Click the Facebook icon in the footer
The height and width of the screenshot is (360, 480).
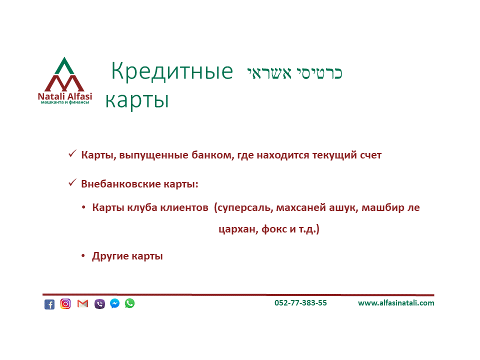(x=49, y=304)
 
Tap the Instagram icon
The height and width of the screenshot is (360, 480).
(x=65, y=303)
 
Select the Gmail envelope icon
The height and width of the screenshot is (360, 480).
(x=82, y=303)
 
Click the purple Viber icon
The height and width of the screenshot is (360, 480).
(x=99, y=303)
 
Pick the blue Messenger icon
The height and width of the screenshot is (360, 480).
(x=115, y=303)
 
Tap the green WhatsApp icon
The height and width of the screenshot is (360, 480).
(x=130, y=303)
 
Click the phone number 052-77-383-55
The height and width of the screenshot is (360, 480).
(x=300, y=303)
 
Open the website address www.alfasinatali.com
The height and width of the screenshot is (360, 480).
(x=396, y=303)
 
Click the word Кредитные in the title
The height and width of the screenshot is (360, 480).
(x=172, y=72)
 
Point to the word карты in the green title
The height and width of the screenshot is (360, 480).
(x=137, y=100)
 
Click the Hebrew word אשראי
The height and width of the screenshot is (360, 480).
(x=269, y=73)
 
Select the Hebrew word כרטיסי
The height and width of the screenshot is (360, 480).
(x=319, y=73)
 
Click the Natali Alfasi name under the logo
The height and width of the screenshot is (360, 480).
(x=65, y=96)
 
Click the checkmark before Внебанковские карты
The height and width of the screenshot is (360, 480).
(x=72, y=183)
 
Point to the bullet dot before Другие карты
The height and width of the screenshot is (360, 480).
(x=83, y=255)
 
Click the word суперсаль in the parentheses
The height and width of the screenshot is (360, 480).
(x=245, y=207)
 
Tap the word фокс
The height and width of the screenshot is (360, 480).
(x=273, y=229)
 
